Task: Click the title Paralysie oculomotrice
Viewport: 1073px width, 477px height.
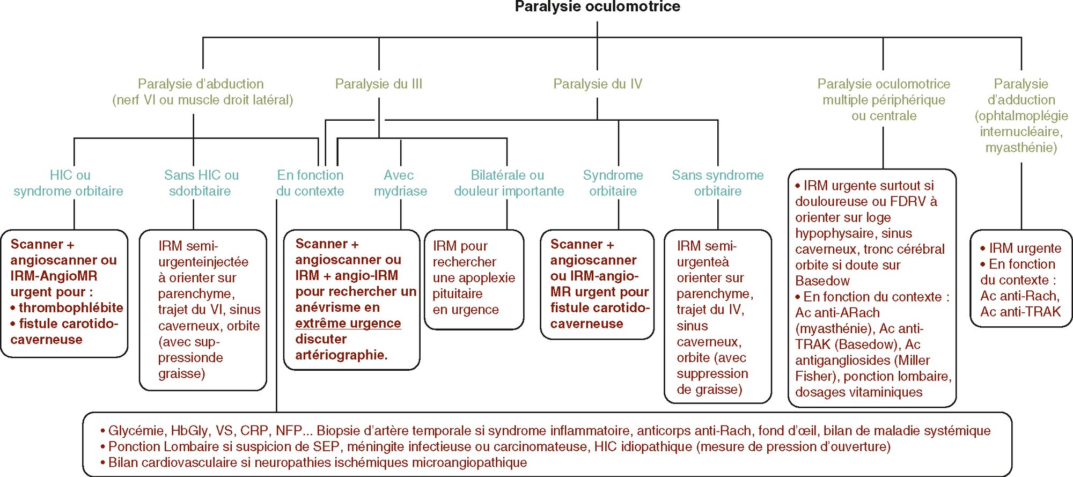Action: pyautogui.click(x=597, y=7)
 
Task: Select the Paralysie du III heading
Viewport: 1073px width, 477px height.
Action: pyautogui.click(x=378, y=84)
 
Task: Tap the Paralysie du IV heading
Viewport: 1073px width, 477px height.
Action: pyautogui.click(x=597, y=84)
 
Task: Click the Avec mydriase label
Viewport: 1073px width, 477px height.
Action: pyautogui.click(x=400, y=183)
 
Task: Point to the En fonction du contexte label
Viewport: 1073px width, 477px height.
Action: pyautogui.click(x=310, y=183)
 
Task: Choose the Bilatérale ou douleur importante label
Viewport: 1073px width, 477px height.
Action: pyautogui.click(x=508, y=183)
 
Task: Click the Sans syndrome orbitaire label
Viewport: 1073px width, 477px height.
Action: pyautogui.click(x=717, y=183)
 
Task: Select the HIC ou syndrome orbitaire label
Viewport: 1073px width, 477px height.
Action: pyautogui.click(x=69, y=183)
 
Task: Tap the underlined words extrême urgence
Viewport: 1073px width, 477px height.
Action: pyautogui.click(x=348, y=324)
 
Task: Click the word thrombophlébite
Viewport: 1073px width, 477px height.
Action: pyautogui.click(x=71, y=308)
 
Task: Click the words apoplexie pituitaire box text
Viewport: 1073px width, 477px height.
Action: pyautogui.click(x=473, y=286)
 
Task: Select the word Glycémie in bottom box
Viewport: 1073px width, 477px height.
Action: pyautogui.click(x=136, y=431)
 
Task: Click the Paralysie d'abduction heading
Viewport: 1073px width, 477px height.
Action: pyautogui.click(x=202, y=92)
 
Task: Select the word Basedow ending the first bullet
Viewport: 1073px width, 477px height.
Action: pyautogui.click(x=822, y=281)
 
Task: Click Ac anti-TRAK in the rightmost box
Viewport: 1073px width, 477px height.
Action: pyautogui.click(x=1020, y=312)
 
